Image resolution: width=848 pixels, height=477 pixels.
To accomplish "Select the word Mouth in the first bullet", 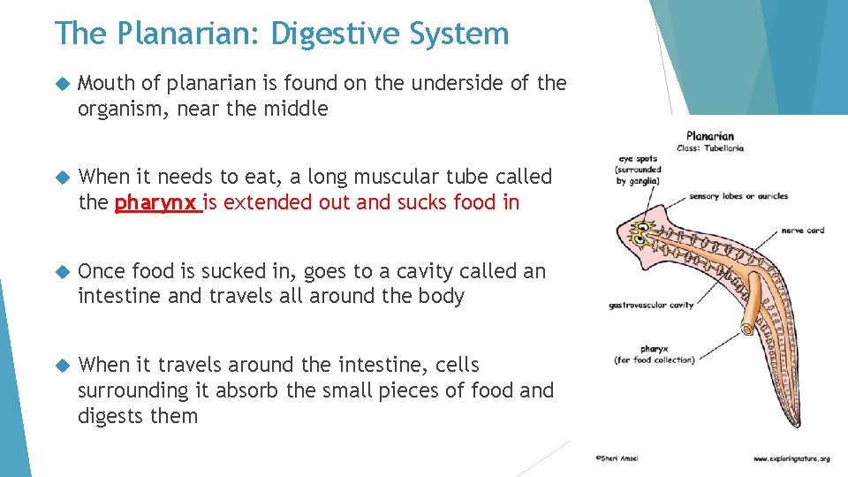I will tap(106, 83).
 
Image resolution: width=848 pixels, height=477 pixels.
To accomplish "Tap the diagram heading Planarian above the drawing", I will tap(710, 136).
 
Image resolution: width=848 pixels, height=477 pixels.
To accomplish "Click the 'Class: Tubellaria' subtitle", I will tap(710, 148).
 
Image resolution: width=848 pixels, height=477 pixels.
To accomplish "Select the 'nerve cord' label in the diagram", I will tap(803, 231).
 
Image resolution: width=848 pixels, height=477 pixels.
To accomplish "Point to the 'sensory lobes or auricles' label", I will tap(738, 196).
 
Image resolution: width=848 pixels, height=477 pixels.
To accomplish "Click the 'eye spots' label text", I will tap(639, 160).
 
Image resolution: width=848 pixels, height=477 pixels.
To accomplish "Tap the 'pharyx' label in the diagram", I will tap(654, 349).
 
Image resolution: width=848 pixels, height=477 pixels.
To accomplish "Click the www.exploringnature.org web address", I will tap(791, 459).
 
